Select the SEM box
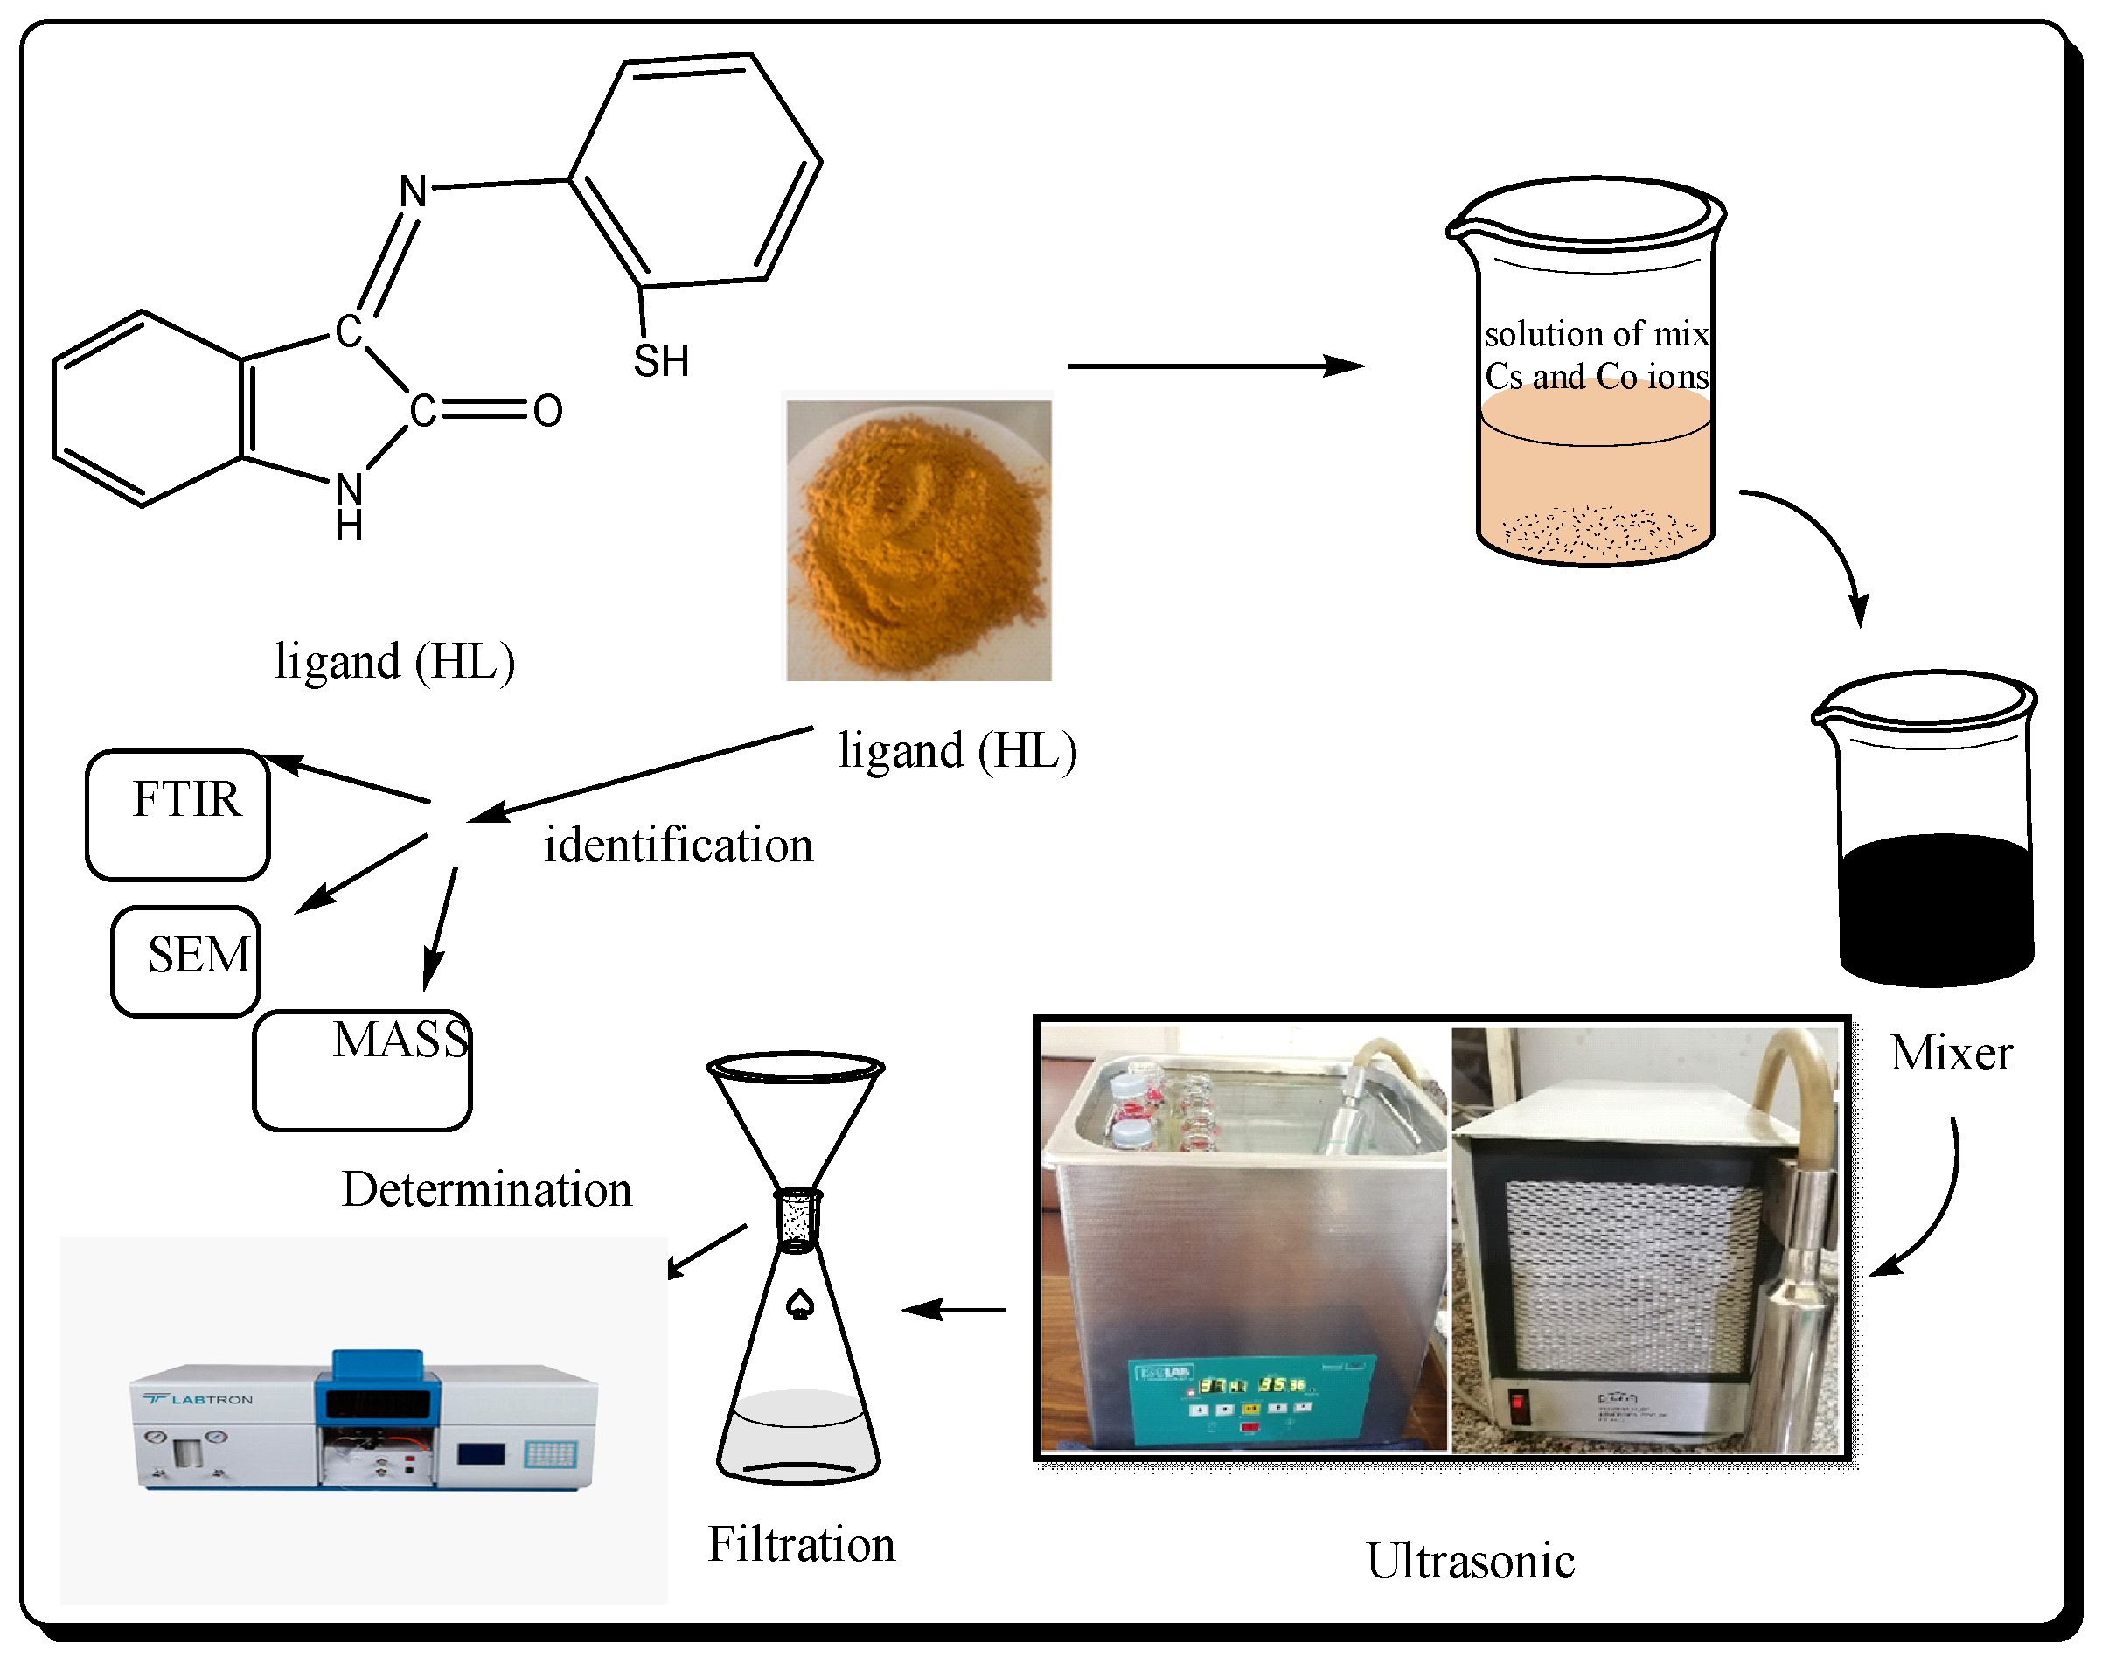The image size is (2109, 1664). pyautogui.click(x=186, y=961)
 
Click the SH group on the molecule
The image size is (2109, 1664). pyautogui.click(x=660, y=361)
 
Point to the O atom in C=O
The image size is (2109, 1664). pyautogui.click(x=547, y=411)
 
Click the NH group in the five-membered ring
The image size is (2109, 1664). pyautogui.click(x=349, y=505)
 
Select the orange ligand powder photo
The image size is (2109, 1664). pyautogui.click(x=919, y=539)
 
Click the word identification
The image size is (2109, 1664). pyautogui.click(x=678, y=845)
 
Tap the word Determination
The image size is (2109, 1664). pyautogui.click(x=486, y=1189)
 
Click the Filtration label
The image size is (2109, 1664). pyautogui.click(x=801, y=1544)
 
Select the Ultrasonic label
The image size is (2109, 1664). pyautogui.click(x=1469, y=1561)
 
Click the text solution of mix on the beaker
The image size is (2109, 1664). pyautogui.click(x=1596, y=334)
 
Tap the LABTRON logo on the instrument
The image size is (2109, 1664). pyautogui.click(x=198, y=1399)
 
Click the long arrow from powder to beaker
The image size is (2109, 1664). pyautogui.click(x=1215, y=366)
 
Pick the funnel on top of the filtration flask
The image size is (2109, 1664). pyautogui.click(x=796, y=1120)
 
